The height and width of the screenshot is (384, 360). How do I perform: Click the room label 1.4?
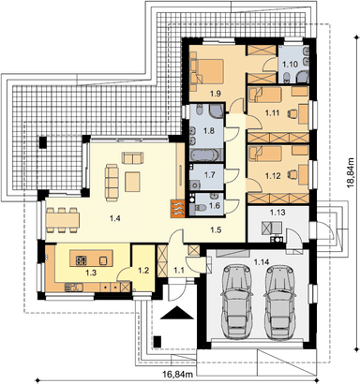(x=115, y=218)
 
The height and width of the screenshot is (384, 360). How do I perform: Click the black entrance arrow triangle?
(x=177, y=313)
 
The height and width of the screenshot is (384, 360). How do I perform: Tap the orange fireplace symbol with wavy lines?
(x=178, y=208)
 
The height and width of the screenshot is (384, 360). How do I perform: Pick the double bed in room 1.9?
(x=207, y=71)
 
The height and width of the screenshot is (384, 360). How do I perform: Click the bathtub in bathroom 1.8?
(x=206, y=155)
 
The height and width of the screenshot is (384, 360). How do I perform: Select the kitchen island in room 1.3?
(x=91, y=258)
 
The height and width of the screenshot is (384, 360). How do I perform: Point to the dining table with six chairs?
(x=63, y=220)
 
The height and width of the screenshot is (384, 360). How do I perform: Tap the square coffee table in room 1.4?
(x=133, y=182)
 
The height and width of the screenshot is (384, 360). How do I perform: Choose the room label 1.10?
(x=290, y=65)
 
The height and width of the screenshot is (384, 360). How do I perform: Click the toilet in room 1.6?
(x=200, y=207)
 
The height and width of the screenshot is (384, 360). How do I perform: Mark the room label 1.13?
(x=277, y=213)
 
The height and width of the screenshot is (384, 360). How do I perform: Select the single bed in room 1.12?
(x=265, y=152)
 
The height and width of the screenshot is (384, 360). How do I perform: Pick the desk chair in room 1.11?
(x=292, y=112)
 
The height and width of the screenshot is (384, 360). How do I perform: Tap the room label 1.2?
(x=143, y=271)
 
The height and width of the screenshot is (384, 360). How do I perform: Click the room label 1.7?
(x=209, y=175)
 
